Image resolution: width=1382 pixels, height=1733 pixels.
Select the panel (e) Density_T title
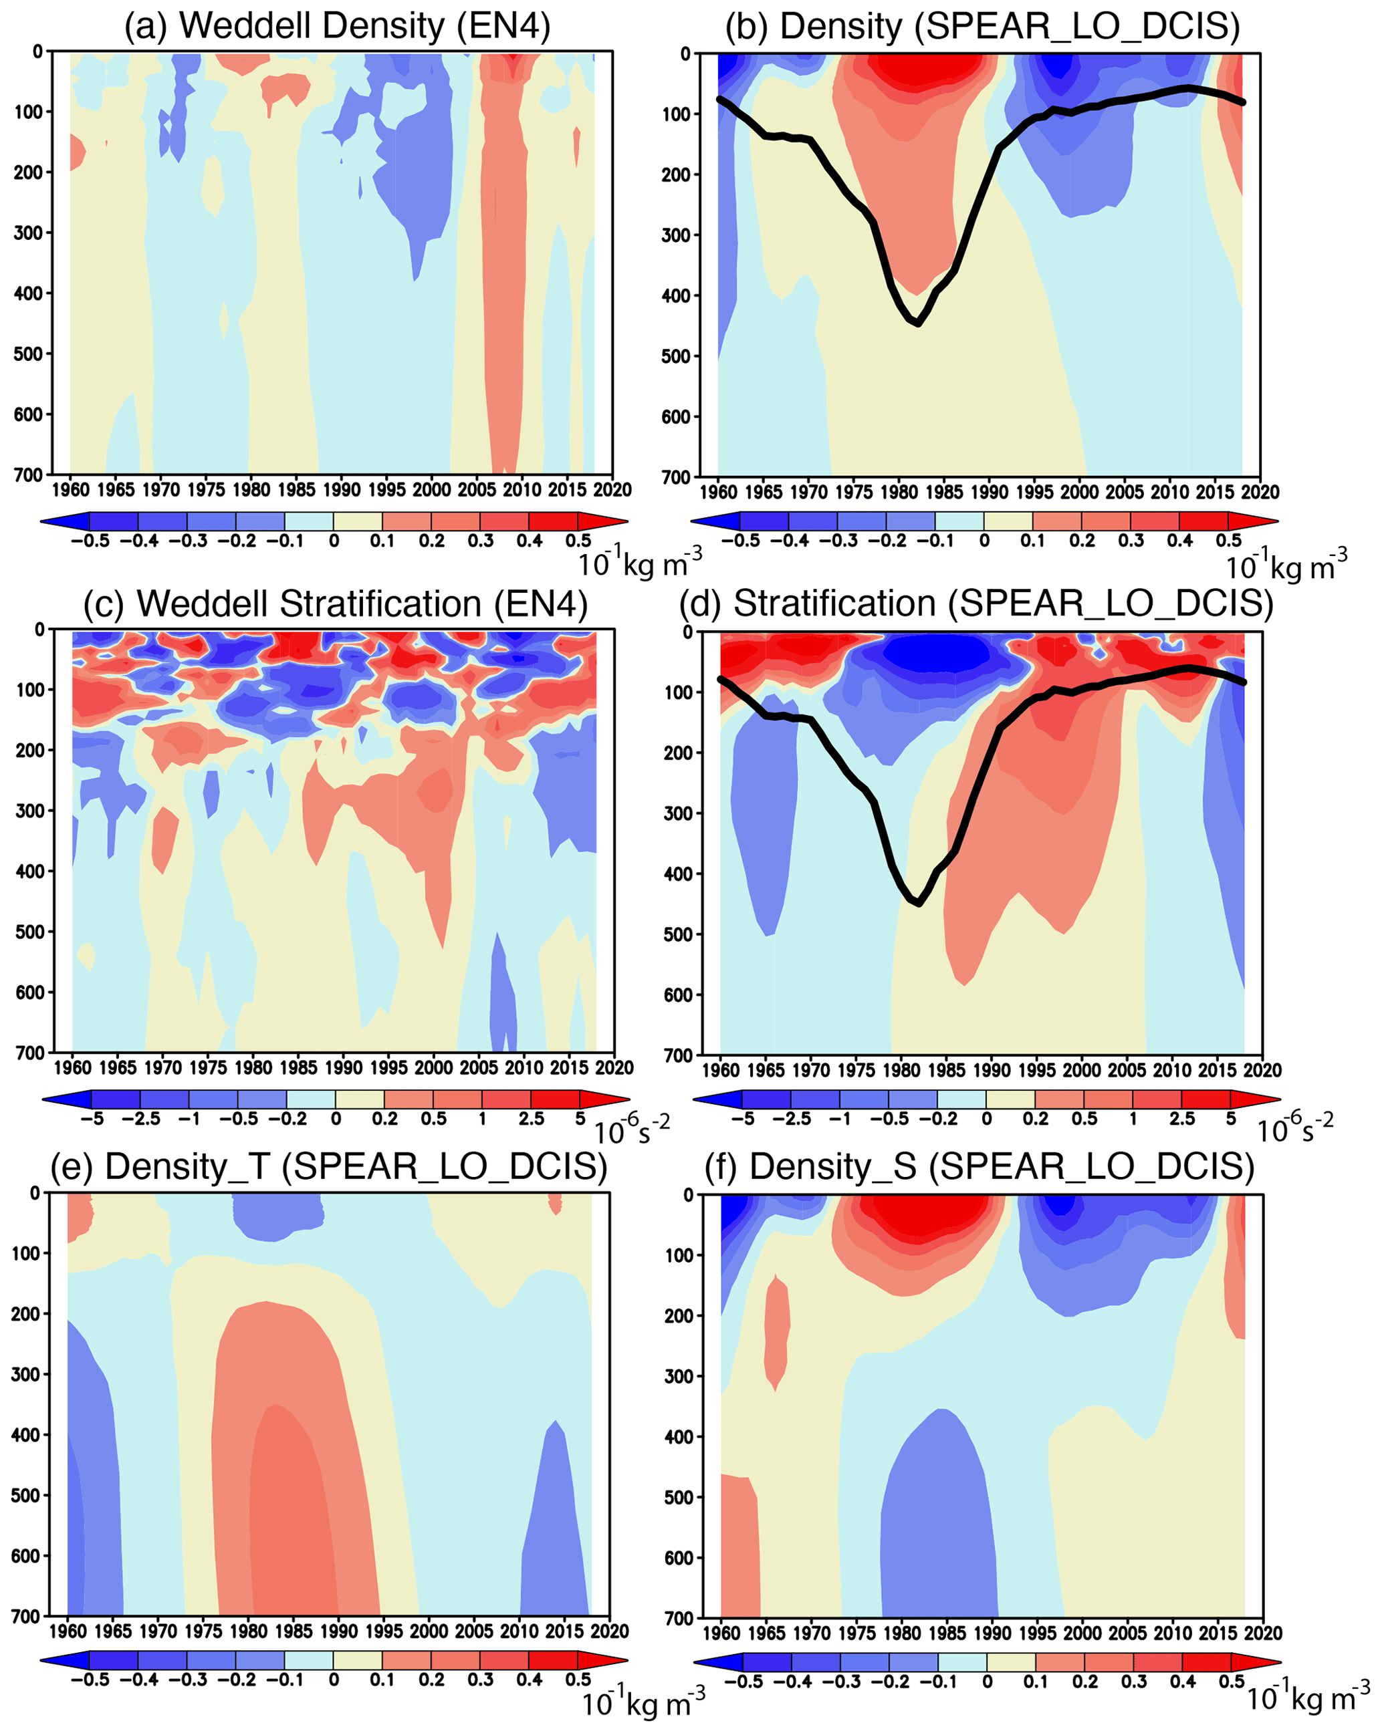point(329,1166)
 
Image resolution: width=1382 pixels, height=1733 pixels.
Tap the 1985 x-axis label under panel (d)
point(946,1070)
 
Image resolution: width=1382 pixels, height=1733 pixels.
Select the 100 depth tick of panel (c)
point(31,690)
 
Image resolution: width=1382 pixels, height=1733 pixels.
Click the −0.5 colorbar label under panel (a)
point(90,541)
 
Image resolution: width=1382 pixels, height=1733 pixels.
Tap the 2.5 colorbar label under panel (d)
point(1182,1119)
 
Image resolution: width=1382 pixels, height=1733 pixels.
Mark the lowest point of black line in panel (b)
point(918,324)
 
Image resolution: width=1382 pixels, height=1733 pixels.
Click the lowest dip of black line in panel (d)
point(919,904)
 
